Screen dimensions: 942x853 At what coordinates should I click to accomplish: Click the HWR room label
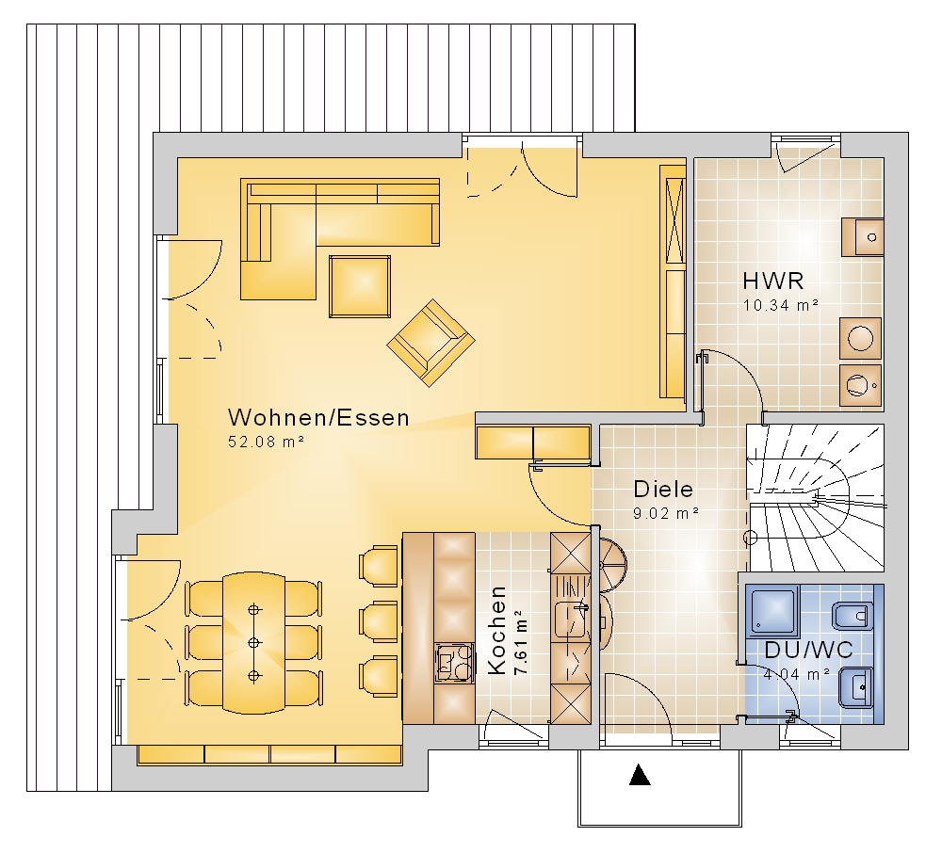772,281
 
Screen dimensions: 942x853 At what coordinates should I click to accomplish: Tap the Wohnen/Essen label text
319,417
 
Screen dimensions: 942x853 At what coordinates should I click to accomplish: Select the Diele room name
663,490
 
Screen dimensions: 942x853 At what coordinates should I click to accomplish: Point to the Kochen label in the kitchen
496,630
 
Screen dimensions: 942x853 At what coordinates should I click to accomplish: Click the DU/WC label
808,650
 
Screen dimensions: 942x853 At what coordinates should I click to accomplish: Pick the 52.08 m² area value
266,442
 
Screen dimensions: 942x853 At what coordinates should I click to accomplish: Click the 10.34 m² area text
780,305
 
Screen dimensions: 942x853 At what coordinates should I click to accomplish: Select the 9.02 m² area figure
666,513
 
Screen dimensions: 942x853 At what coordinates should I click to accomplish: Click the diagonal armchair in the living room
430,343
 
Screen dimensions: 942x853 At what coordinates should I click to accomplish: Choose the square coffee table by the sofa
360,286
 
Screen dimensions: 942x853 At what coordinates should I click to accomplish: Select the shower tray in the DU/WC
773,611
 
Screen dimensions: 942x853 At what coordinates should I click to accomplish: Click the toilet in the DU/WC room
853,617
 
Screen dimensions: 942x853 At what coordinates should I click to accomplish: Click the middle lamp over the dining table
254,643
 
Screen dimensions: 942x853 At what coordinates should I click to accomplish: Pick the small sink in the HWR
862,237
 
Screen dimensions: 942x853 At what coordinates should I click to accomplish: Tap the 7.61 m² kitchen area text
521,642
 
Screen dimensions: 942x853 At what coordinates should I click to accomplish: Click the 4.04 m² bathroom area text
797,674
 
